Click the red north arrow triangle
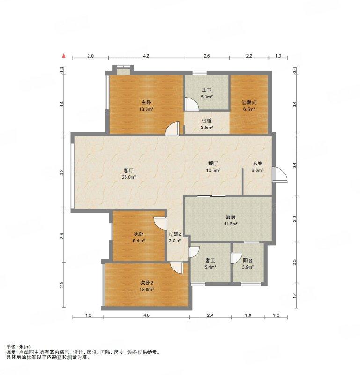pyautogui.click(x=64, y=56)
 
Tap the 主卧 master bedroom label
pyautogui.click(x=146, y=103)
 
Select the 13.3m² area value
pyautogui.click(x=146, y=109)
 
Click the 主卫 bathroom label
pyautogui.click(x=206, y=90)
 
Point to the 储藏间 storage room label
pyautogui.click(x=249, y=103)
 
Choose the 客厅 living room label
pyautogui.click(x=129, y=170)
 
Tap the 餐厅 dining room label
pyautogui.click(x=213, y=164)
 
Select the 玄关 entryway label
pyautogui.click(x=257, y=164)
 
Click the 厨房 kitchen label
pyautogui.click(x=230, y=217)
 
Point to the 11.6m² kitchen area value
pyautogui.click(x=230, y=224)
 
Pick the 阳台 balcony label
pyautogui.click(x=248, y=261)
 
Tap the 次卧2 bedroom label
pyautogui.click(x=147, y=283)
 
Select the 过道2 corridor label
pyautogui.click(x=175, y=234)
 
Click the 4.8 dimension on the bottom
pyautogui.click(x=147, y=315)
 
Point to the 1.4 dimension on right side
pyautogui.click(x=294, y=295)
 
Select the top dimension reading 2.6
pyautogui.click(x=206, y=56)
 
